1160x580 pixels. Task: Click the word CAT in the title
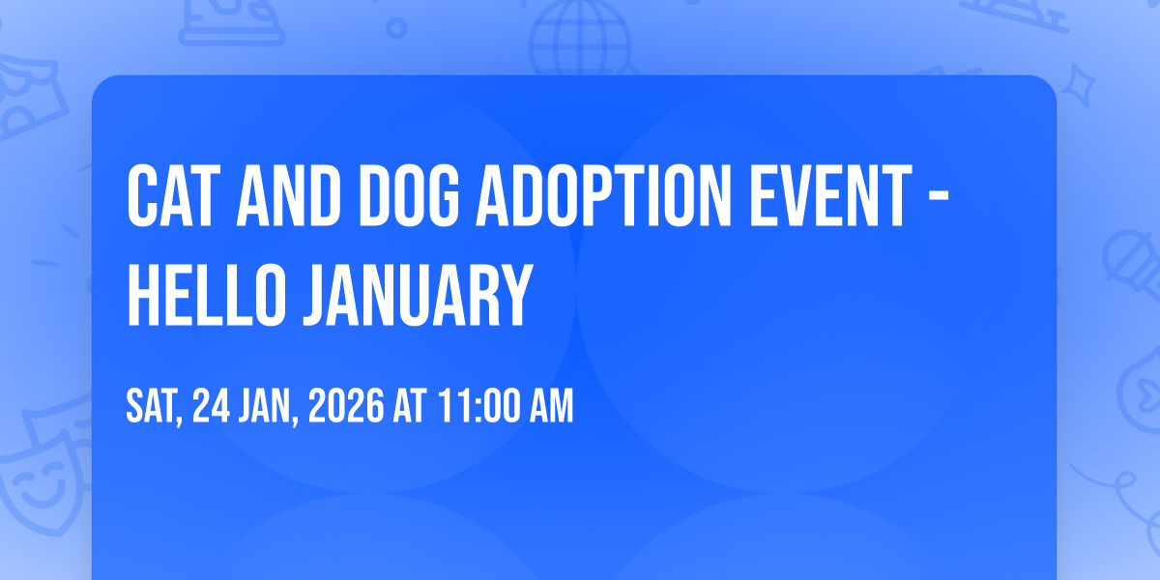pyautogui.click(x=170, y=196)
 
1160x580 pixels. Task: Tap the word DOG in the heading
pyautogui.click(x=409, y=196)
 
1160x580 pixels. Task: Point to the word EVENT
pyautogui.click(x=830, y=196)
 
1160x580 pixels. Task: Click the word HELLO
pyautogui.click(x=207, y=295)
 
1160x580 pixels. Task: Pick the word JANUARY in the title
pyautogui.click(x=419, y=295)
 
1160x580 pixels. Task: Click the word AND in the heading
pyautogui.click(x=288, y=196)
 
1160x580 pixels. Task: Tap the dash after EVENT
pyautogui.click(x=938, y=197)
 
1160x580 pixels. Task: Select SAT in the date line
pyautogui.click(x=153, y=407)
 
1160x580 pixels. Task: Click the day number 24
pyautogui.click(x=212, y=406)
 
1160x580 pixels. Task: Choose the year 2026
pyautogui.click(x=346, y=406)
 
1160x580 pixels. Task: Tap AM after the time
pyautogui.click(x=551, y=406)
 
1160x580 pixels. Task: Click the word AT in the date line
pyautogui.click(x=410, y=406)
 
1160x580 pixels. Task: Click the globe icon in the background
pyautogui.click(x=580, y=38)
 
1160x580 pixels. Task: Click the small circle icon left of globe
pyautogui.click(x=396, y=28)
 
